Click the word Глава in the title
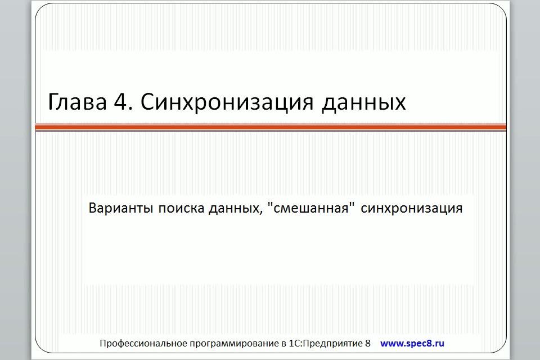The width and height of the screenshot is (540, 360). point(77,102)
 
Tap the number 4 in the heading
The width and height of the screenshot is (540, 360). point(120,102)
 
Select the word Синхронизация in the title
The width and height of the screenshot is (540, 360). point(227,103)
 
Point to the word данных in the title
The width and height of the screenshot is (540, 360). point(364,103)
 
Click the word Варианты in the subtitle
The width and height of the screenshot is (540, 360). point(120,208)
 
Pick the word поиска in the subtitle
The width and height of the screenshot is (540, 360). point(181,209)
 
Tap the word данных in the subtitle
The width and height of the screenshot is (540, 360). point(233,209)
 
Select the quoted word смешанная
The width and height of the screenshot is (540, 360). point(311,209)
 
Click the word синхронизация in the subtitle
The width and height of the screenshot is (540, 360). point(412,209)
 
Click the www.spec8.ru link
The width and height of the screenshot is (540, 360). point(412,344)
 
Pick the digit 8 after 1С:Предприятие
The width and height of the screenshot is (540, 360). point(368,344)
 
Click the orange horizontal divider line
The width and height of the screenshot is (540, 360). point(271,128)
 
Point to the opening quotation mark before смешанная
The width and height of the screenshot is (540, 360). point(270,204)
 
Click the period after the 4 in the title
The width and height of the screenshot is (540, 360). point(131,109)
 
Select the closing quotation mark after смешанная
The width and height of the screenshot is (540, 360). point(352,204)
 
